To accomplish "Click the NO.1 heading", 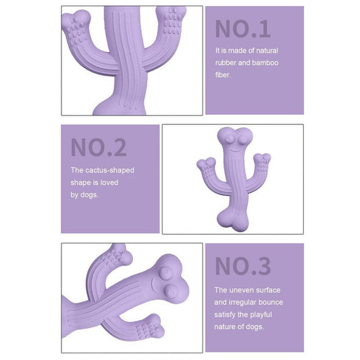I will pos(242,28).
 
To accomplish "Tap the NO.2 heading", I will pos(99,147).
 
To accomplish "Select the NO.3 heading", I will pos(242,266).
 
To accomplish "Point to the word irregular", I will pos(248,302).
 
